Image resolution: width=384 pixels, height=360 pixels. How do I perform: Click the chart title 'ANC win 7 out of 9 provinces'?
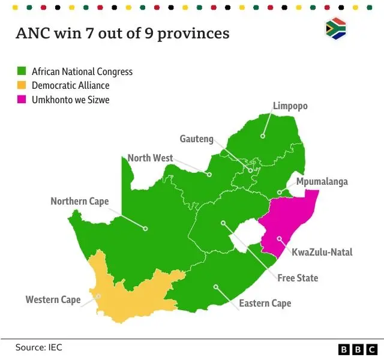coord(122,33)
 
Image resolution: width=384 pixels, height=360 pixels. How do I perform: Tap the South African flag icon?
coord(335,29)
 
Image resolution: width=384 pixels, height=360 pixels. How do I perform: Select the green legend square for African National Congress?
coord(21,71)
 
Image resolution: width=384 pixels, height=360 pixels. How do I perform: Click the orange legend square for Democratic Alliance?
coord(21,86)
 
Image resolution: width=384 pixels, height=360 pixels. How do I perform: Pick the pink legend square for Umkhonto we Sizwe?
coord(21,100)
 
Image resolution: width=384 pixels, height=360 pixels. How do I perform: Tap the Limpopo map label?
coord(290,106)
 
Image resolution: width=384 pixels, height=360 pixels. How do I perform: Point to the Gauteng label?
coord(196,139)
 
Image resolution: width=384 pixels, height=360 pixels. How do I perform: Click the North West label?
coord(150,158)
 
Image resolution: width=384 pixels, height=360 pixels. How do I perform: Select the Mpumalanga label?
coord(322,182)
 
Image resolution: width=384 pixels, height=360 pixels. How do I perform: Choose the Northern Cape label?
coord(79,201)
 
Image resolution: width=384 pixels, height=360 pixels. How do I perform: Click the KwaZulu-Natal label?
coord(322,252)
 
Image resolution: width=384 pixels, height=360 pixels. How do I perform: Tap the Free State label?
coord(298,278)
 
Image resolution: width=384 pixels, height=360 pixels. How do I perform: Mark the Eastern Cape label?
coord(265,303)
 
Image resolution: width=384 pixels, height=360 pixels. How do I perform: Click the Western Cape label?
coord(53,299)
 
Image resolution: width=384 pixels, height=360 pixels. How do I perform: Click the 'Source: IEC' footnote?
coord(39,347)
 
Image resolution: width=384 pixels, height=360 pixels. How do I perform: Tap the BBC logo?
coord(357,349)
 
